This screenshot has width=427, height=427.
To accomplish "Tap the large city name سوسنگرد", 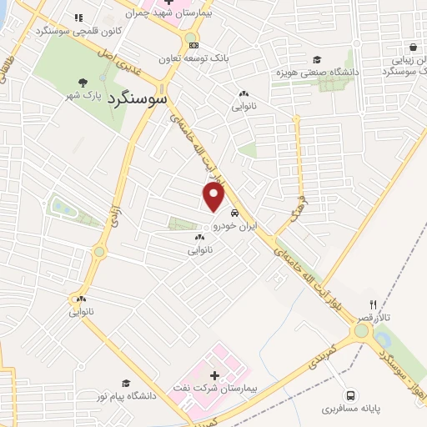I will [138, 98].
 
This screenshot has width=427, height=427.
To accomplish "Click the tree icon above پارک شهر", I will [83, 82].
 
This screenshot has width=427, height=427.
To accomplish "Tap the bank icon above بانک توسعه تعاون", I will [194, 45].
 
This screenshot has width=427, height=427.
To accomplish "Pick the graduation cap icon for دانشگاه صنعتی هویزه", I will [316, 59].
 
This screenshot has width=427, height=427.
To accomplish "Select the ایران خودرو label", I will [234, 226].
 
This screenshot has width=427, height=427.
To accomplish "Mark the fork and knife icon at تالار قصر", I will [373, 304].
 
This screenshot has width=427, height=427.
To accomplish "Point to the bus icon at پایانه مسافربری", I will [351, 396].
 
